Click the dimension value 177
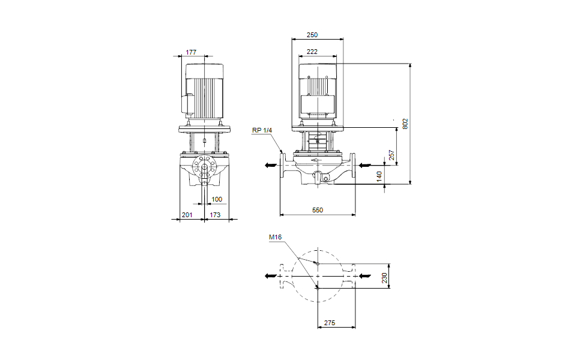[x=191, y=52]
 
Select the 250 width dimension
[x=312, y=35]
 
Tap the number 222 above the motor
[x=312, y=52]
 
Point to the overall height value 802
[x=405, y=124]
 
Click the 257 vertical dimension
[x=391, y=155]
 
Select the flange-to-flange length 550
[x=318, y=210]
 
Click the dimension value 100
[x=217, y=199]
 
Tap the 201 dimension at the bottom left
[x=187, y=215]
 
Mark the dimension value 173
[x=215, y=215]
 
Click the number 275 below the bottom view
[x=330, y=323]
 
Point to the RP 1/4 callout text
[x=262, y=130]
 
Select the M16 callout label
[x=275, y=238]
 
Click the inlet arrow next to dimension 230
[x=367, y=276]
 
